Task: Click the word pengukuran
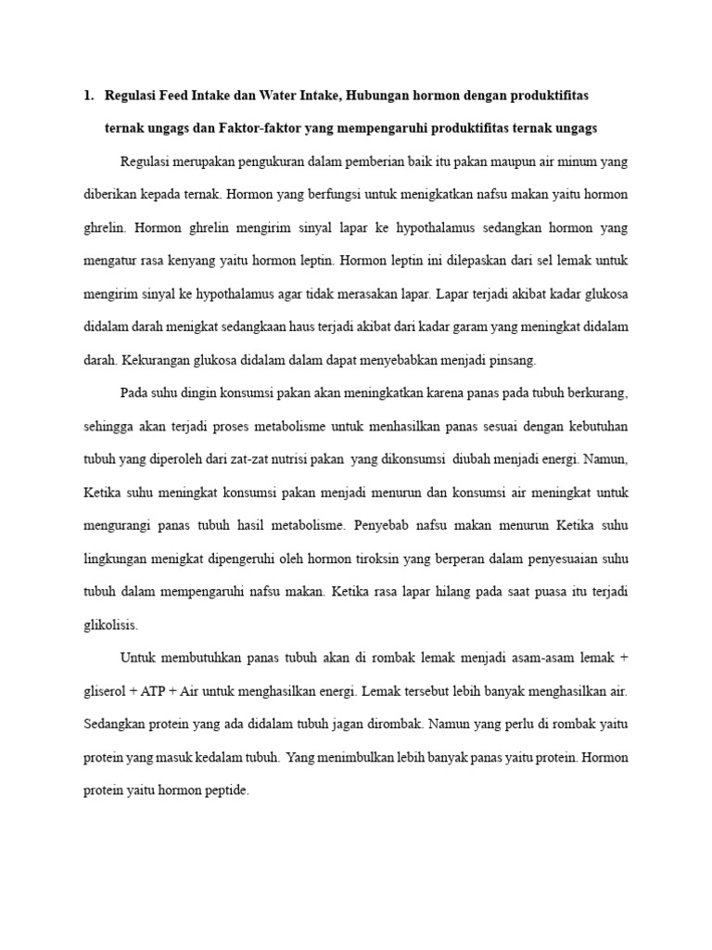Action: point(294,161)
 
